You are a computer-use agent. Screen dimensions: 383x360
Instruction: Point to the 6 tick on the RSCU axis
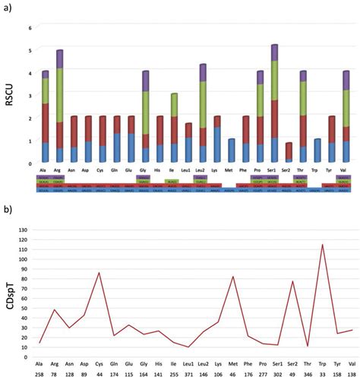tap(30, 28)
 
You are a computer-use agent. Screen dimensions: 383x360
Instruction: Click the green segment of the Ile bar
tap(174, 105)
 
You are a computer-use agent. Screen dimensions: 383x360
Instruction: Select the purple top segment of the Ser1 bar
tap(274, 52)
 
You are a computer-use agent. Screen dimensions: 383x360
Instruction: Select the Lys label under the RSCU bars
tap(217, 170)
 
